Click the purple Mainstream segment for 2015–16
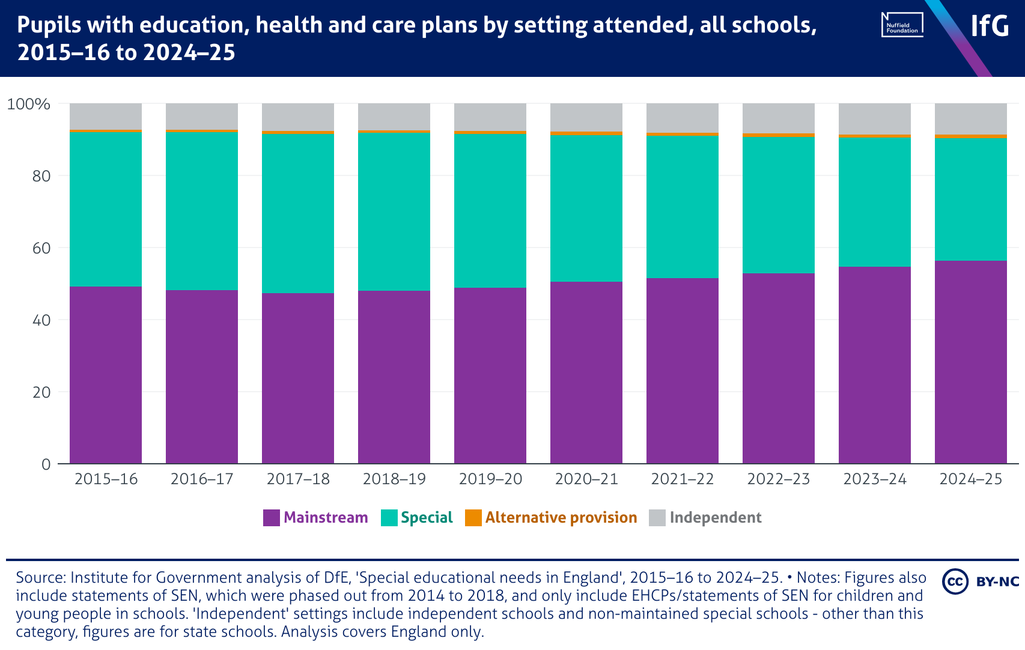106,375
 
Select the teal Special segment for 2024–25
971,199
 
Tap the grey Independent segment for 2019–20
490,117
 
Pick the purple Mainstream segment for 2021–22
683,371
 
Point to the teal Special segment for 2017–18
298,213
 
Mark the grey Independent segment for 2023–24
875,118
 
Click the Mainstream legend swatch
272,518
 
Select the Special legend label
427,518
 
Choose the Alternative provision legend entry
561,518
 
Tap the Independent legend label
715,518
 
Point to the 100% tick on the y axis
28,104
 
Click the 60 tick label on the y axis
41,248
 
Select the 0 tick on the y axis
46,464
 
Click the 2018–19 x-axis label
394,479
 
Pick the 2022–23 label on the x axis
779,479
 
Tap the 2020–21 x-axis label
586,479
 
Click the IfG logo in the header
990,26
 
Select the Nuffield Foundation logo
902,25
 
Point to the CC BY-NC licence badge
981,581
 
